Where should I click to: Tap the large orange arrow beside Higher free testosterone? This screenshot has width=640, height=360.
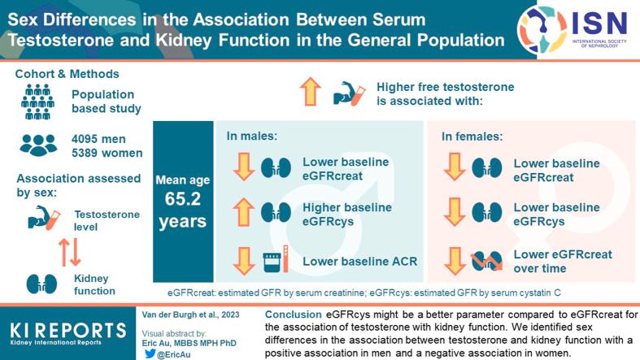click(310, 93)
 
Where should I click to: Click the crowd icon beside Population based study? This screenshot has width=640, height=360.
click(38, 97)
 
